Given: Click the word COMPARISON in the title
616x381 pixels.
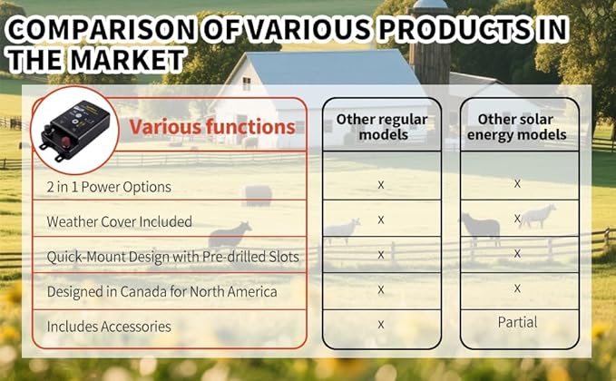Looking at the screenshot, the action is point(101,29).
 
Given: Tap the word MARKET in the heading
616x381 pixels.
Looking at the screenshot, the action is point(128,60).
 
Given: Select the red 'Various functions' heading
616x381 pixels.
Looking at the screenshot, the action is point(212,127).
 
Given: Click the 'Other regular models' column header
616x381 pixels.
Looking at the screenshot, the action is point(382,127).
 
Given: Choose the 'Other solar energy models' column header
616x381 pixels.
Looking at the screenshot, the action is point(516,127).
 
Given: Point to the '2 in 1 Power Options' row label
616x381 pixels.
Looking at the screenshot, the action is point(109,187).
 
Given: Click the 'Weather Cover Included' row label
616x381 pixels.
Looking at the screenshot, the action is point(120,221).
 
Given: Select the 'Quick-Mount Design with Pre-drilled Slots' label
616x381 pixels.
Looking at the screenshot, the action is point(173,257).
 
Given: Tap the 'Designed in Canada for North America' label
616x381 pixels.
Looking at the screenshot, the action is point(161,292).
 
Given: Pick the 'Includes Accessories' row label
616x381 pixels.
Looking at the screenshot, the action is point(109,327).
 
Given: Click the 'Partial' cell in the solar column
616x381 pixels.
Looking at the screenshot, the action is point(517,322).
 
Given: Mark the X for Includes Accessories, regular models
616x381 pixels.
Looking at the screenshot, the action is point(381,325).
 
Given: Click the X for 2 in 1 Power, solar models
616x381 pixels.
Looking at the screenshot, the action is point(517,183).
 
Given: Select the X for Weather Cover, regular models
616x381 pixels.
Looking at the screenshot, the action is point(381,220).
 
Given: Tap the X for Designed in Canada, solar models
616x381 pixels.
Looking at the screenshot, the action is point(517,288).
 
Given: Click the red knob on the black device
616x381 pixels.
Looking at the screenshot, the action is point(65,142).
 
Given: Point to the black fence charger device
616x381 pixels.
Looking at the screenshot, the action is point(74,131).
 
